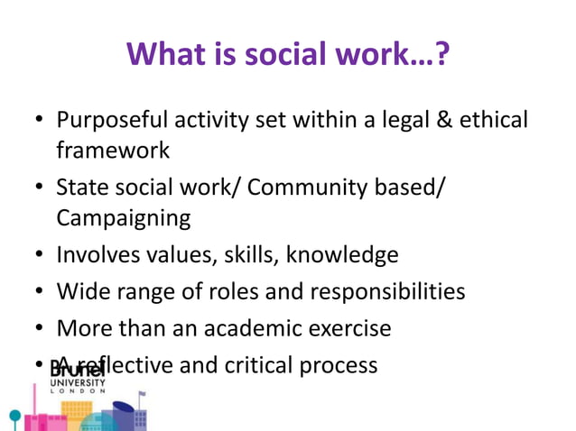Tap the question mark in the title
tap(442, 55)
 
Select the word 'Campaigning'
tap(124, 217)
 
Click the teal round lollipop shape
tap(14, 416)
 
